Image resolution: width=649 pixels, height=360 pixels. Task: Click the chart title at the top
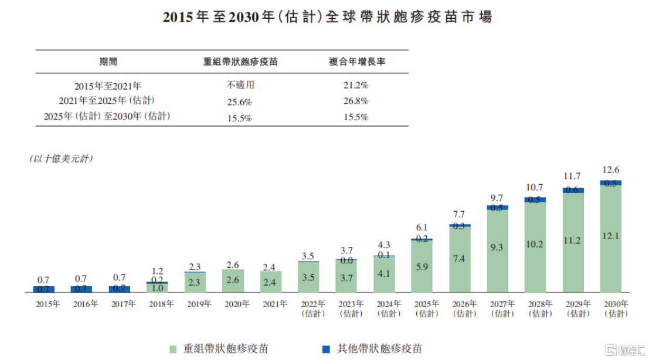[x=327, y=17]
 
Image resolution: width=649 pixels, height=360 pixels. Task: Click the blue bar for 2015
[x=43, y=289]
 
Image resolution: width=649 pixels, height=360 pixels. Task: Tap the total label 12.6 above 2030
[x=611, y=170]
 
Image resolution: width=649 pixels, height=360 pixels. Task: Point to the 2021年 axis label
[x=274, y=304]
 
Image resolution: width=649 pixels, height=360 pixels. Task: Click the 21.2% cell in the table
[x=355, y=85]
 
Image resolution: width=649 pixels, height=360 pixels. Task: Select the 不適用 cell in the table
[x=240, y=85]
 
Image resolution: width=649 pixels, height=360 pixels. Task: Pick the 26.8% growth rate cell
[x=355, y=101]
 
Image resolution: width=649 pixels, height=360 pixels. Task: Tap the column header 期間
[x=108, y=62]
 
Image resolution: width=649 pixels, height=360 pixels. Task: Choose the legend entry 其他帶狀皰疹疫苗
[x=372, y=348]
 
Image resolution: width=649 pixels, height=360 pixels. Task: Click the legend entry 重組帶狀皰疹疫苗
[x=220, y=348]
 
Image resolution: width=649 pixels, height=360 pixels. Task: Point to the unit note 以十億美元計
[x=61, y=159]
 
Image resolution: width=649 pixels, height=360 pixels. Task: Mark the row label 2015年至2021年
[x=108, y=86]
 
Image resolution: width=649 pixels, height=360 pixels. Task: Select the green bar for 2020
[x=233, y=281]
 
